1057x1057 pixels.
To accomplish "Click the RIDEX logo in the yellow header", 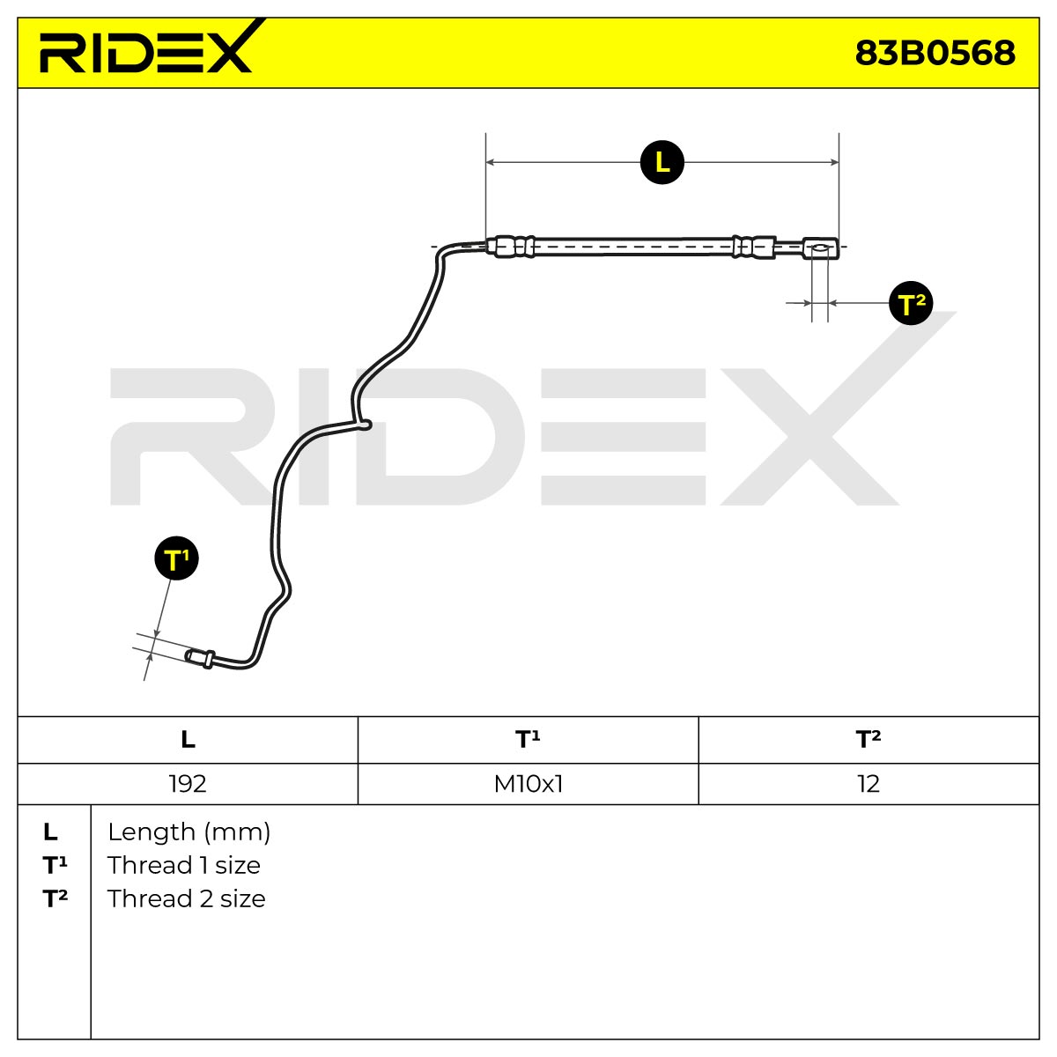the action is point(146,48).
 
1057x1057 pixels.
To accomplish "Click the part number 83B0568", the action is point(935,53).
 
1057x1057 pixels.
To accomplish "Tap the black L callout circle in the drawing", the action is point(662,162).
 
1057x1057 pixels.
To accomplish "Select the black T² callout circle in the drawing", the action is point(911,303).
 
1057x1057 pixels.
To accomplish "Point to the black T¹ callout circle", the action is point(177,558).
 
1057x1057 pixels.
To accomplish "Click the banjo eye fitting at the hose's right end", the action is point(820,248).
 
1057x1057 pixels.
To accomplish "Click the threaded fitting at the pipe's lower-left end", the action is point(200,657).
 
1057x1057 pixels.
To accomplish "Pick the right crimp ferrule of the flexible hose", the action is point(754,248).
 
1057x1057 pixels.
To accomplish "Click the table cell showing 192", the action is point(188,784).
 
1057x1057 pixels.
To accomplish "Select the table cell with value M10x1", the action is point(528,784).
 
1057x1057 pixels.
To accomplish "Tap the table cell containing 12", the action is point(869,784).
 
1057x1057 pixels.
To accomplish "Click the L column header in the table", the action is point(188,740).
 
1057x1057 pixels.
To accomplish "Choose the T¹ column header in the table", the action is point(528,740).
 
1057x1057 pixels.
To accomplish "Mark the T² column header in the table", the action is point(869,740).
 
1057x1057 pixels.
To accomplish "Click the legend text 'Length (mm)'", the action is point(188,832).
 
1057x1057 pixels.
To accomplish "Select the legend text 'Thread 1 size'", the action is point(184,866).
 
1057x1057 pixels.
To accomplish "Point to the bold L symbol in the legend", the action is point(50,832).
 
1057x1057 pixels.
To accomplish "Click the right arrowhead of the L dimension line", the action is point(834,162).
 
